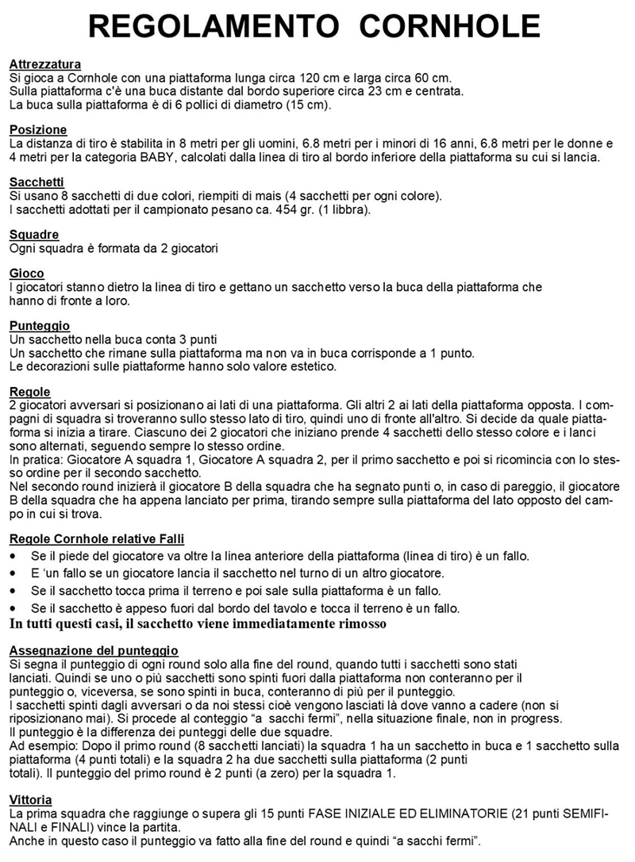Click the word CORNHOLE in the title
tap(448, 27)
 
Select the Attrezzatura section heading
tap(44, 64)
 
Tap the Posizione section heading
tap(38, 130)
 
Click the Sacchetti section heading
tap(39, 182)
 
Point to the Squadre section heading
tap(34, 235)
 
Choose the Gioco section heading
tap(27, 274)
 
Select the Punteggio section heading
tap(40, 326)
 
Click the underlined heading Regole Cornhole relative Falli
tap(97, 539)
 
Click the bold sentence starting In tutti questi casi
tap(198, 624)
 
